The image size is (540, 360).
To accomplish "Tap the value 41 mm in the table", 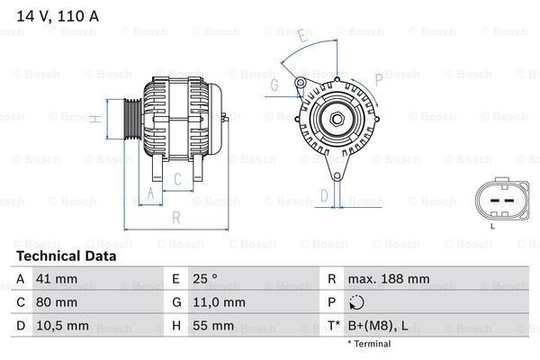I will point(56,279).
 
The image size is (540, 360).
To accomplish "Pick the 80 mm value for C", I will point(56,302).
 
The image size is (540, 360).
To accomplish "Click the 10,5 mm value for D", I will point(61,325).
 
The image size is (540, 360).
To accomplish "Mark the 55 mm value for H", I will point(212,325).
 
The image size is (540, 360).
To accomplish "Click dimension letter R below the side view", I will point(176,217).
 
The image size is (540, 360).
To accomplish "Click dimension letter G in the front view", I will point(274,85).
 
